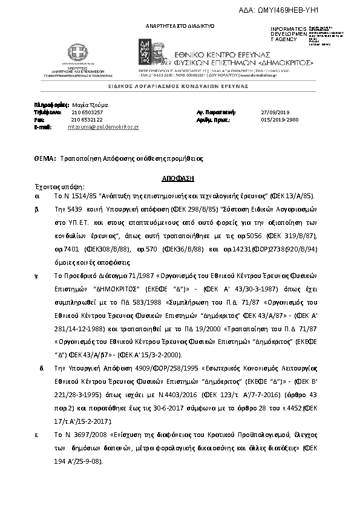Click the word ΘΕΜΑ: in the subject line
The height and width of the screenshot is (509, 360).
45,158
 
